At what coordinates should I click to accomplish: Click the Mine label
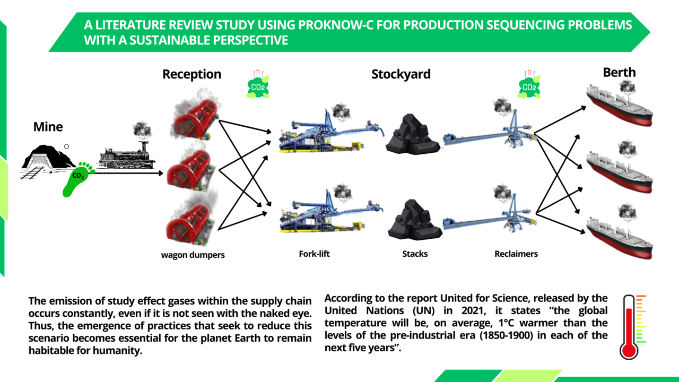click(x=48, y=127)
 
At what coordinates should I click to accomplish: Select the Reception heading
click(x=191, y=74)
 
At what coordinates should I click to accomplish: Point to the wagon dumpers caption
click(x=193, y=255)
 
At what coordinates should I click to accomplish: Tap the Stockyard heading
click(x=401, y=74)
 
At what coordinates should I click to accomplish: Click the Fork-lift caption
click(x=314, y=254)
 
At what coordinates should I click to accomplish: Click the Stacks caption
click(x=415, y=254)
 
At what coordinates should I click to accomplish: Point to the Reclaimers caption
click(x=516, y=254)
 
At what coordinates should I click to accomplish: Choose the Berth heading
click(x=619, y=72)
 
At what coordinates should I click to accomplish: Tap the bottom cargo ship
click(x=619, y=231)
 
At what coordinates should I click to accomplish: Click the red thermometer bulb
click(x=629, y=349)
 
